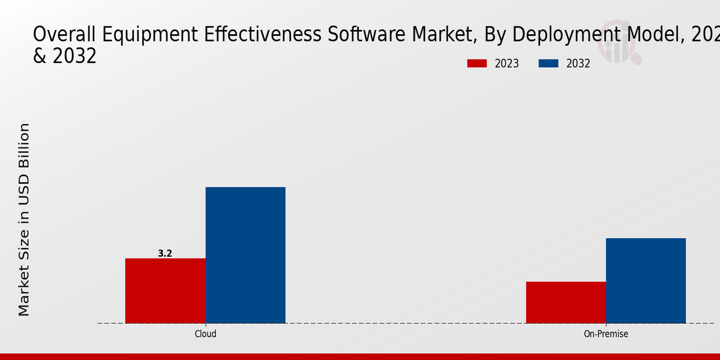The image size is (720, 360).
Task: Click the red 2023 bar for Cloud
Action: click(165, 290)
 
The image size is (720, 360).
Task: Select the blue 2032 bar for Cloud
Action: click(245, 255)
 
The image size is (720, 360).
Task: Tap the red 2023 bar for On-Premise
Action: click(566, 302)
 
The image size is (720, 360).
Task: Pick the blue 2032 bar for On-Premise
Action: click(646, 280)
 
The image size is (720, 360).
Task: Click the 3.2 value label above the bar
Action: click(165, 254)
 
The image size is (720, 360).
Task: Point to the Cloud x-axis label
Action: click(205, 334)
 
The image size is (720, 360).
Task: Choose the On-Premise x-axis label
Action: click(606, 334)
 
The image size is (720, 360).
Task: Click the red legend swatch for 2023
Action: click(477, 64)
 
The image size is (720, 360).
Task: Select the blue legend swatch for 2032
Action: click(548, 64)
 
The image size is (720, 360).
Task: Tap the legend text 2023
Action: click(507, 64)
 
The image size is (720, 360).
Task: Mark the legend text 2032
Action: click(578, 64)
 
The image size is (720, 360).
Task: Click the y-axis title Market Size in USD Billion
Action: click(24, 219)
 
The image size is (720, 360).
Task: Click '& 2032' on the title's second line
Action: click(64, 56)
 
